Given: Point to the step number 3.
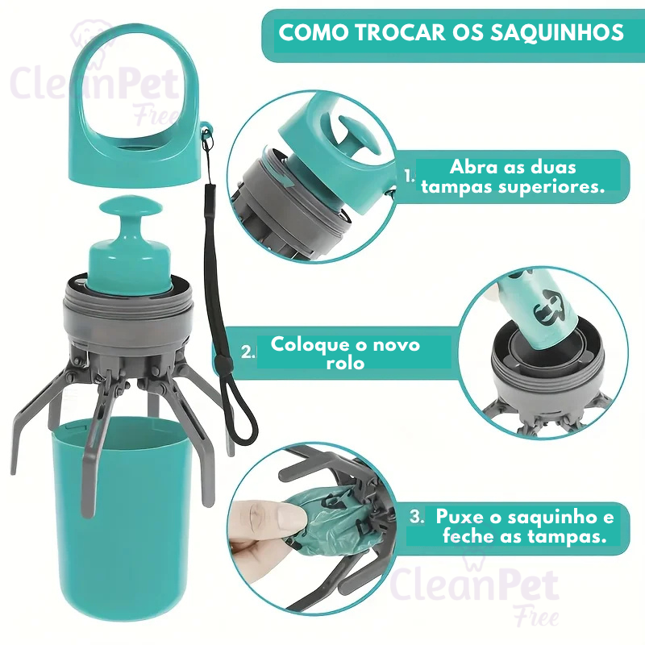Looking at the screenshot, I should pyautogui.click(x=416, y=517).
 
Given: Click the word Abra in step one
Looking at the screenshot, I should pyautogui.click(x=471, y=168).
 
